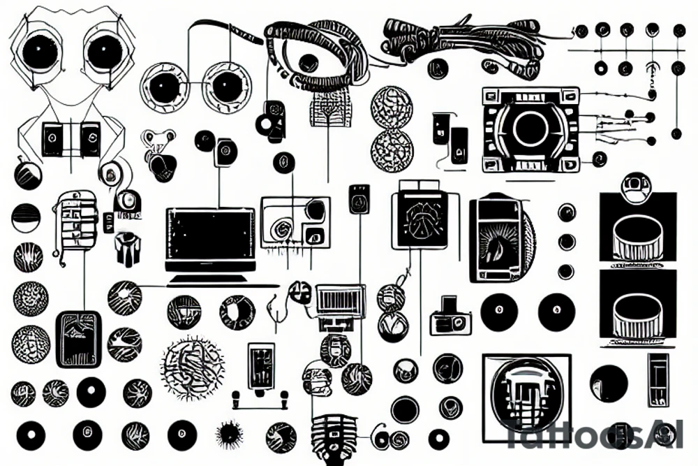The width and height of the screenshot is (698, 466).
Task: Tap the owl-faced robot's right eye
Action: point(105,51)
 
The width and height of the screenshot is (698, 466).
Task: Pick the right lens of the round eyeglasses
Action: point(226,87)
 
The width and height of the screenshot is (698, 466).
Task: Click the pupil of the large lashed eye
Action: point(308,62)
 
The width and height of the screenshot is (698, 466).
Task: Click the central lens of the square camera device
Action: point(530,128)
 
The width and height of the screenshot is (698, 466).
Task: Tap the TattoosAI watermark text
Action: point(593,435)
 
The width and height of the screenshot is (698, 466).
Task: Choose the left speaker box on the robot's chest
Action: point(53,139)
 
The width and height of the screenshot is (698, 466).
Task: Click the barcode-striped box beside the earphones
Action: point(340,300)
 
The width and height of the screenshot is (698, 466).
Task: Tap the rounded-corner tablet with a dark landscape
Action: point(77,338)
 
